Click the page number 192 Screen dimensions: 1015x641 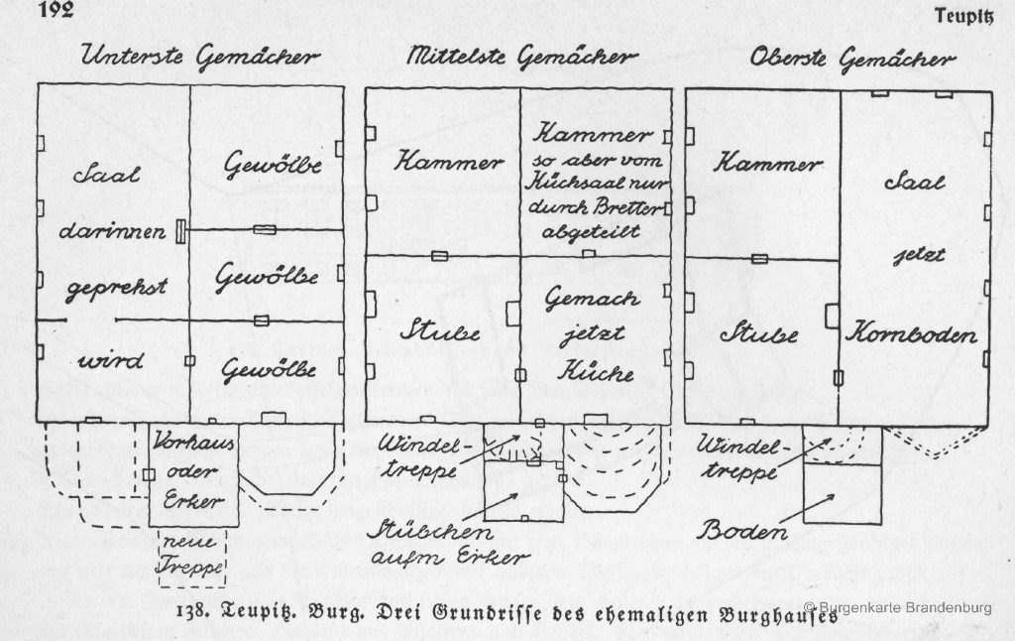point(56,9)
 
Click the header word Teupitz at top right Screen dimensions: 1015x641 point(963,16)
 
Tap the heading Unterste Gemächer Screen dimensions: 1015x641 point(200,57)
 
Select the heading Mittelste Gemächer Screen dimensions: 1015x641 point(521,57)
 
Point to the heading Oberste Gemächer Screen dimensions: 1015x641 point(852,59)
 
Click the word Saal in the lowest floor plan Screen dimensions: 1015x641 point(106,174)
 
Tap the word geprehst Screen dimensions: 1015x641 point(117,289)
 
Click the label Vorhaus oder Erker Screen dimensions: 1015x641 point(193,471)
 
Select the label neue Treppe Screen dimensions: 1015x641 point(191,556)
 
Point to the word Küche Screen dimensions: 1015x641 point(596,371)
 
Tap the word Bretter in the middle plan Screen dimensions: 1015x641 point(630,207)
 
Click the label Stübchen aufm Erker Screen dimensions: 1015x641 point(447,544)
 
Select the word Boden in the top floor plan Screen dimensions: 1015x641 point(742,532)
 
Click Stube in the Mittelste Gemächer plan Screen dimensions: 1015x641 point(441,331)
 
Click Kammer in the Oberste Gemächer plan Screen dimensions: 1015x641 point(768,162)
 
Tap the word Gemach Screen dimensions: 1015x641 point(592,298)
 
